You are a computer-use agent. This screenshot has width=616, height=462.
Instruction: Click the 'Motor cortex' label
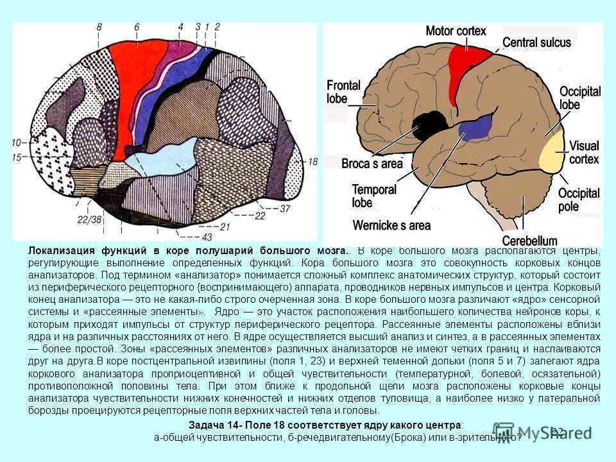pos(456,31)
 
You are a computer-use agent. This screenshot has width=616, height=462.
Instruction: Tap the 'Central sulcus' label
pos(536,43)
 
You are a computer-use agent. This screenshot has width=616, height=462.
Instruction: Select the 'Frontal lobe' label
pos(343,92)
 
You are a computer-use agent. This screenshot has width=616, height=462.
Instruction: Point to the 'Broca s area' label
pos(372,164)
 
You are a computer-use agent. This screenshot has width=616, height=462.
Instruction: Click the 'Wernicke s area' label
pos(391,225)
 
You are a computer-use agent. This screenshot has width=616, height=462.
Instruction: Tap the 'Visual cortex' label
pos(584,152)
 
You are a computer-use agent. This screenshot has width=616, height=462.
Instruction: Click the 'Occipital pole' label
pos(578,200)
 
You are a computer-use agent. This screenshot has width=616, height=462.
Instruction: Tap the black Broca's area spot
pos(424,126)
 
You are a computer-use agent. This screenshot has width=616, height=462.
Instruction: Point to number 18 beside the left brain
pos(312,162)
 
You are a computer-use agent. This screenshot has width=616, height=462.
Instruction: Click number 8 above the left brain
pos(99,27)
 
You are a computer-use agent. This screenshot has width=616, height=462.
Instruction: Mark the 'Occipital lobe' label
pos(579,98)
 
